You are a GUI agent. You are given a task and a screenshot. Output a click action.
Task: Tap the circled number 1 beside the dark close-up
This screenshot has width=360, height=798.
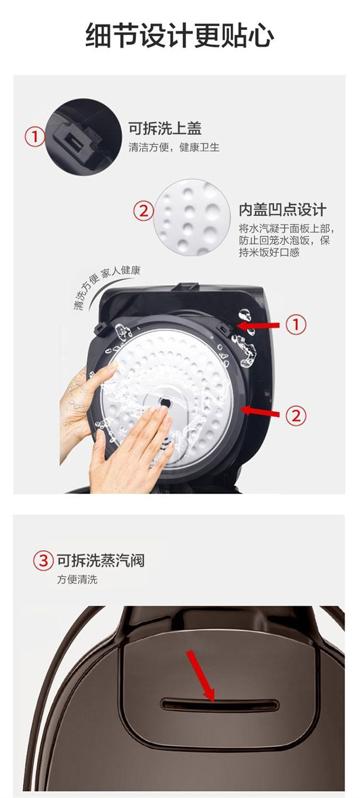(x=35, y=137)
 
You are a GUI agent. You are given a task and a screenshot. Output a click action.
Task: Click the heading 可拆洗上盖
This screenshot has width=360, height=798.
(x=165, y=128)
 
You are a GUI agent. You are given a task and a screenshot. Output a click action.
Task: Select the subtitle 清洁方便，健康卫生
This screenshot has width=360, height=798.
(x=174, y=147)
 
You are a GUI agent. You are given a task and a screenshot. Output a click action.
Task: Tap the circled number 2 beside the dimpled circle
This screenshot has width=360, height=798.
(x=143, y=211)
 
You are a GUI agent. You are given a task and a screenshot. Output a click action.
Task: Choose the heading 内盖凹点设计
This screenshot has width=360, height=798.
(x=282, y=210)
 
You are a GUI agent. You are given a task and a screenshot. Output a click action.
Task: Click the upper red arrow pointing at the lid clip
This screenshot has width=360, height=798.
(x=258, y=325)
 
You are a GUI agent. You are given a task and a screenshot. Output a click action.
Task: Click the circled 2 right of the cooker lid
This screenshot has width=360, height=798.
(x=296, y=415)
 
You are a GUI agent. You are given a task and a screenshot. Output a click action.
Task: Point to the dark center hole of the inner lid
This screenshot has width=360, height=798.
(x=164, y=403)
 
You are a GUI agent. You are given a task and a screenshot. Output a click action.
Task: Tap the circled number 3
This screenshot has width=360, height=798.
(x=43, y=560)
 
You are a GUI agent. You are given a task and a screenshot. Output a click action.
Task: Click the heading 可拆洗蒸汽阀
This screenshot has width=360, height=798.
(x=101, y=560)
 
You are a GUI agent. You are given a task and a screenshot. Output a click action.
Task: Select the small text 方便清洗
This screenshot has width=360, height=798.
(x=77, y=580)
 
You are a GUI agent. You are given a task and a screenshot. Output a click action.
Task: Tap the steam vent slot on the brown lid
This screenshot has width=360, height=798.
(x=220, y=705)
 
